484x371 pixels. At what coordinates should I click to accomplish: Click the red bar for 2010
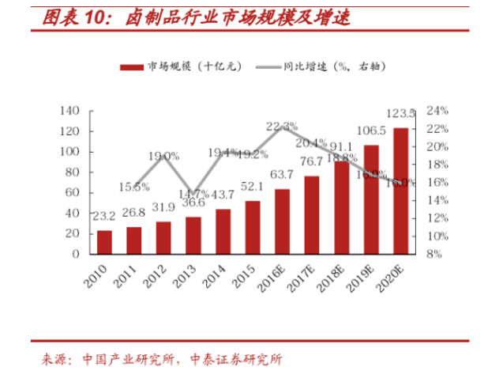click(x=104, y=242)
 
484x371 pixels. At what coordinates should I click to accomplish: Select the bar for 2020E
click(x=401, y=191)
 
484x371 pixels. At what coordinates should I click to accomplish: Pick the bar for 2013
click(x=193, y=235)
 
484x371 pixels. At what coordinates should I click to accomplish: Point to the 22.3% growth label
click(x=282, y=127)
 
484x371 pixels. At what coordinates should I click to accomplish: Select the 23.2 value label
click(x=104, y=215)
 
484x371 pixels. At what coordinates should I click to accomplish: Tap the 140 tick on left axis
click(x=72, y=110)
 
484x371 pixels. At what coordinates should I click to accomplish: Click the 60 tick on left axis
click(x=75, y=192)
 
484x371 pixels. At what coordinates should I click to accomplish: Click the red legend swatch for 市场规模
click(x=133, y=67)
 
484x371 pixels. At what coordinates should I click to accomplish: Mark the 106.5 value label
click(x=371, y=131)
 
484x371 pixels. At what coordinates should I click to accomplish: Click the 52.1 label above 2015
click(x=253, y=187)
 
